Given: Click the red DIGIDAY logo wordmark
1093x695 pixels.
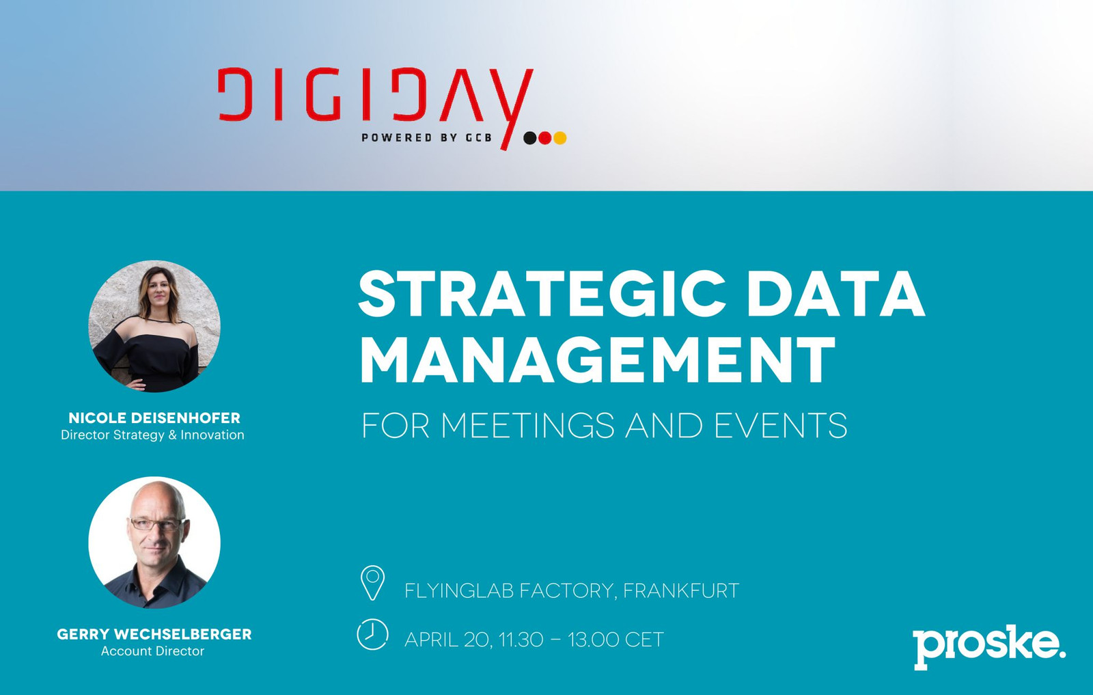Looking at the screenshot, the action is pos(375,98).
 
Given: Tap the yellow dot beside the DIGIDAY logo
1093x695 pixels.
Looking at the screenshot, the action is pos(559,138).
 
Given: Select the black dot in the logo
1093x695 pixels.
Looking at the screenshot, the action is pos(530,138).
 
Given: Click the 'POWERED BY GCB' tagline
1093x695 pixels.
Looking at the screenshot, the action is pos(426,137).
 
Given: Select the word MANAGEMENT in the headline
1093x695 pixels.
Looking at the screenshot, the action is pos(598,359).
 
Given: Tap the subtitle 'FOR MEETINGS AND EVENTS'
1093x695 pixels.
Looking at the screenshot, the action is pos(604,426).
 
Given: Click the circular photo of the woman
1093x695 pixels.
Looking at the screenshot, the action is pos(154,326).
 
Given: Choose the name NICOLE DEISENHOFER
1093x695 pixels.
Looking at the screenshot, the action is pos(154,418).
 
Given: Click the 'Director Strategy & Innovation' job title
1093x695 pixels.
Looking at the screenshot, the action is pos(153,435).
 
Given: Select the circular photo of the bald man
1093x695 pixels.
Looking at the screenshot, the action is pos(154,542).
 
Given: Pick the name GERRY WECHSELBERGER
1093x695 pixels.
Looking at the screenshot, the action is pos(154,634).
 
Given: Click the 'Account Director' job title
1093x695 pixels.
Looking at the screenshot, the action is pos(153,651).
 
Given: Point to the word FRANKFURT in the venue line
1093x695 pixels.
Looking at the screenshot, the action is pos(681,590).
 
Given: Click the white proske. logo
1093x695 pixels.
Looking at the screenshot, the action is pos(990,646).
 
